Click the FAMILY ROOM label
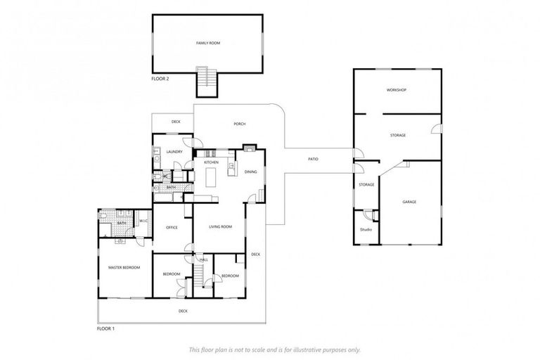(x=207, y=43)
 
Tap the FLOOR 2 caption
(x=160, y=79)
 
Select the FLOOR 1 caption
(x=105, y=328)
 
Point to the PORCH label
(x=240, y=124)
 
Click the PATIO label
(x=314, y=159)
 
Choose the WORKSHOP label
(x=397, y=90)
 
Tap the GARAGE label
(x=409, y=202)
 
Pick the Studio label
(x=366, y=229)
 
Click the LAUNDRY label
(x=174, y=151)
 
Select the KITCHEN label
(x=211, y=162)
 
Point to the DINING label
(x=250, y=172)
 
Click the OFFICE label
(x=172, y=227)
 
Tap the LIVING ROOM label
(x=221, y=226)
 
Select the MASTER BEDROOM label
(x=124, y=267)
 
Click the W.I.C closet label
(x=143, y=221)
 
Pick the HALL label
(x=204, y=260)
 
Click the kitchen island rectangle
(x=210, y=179)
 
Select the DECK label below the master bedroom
(x=183, y=310)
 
